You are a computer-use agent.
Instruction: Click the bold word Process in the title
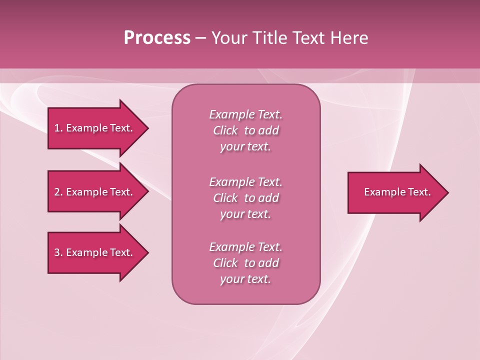point(157,38)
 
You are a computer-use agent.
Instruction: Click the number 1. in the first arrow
point(58,128)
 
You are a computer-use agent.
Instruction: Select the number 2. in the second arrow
point(58,192)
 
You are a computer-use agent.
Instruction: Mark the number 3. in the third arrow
point(58,252)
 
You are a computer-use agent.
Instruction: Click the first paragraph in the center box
point(245,130)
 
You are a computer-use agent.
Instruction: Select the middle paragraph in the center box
point(245,198)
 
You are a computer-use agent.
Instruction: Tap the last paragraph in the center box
point(245,263)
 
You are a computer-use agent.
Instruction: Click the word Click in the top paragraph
point(225,130)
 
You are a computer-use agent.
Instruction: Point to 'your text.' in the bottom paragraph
point(245,279)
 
